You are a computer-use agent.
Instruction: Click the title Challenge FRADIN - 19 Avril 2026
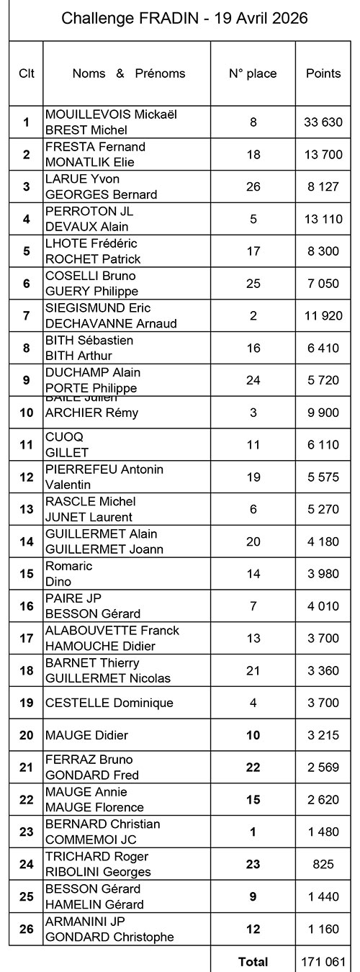[x=184, y=19]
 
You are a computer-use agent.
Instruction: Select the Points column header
[x=323, y=73]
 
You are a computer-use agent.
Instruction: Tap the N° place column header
[x=252, y=73]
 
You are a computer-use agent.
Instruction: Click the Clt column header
[x=26, y=73]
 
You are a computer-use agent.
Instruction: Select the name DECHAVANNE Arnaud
[x=111, y=324]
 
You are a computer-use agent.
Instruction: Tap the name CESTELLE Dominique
[x=109, y=703]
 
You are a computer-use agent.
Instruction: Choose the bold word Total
[x=253, y=961]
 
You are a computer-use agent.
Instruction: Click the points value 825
[x=323, y=864]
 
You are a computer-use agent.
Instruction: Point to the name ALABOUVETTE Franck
[x=112, y=631]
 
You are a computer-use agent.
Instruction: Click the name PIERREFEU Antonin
[x=104, y=469]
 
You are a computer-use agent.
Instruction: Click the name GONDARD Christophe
[x=109, y=937]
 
